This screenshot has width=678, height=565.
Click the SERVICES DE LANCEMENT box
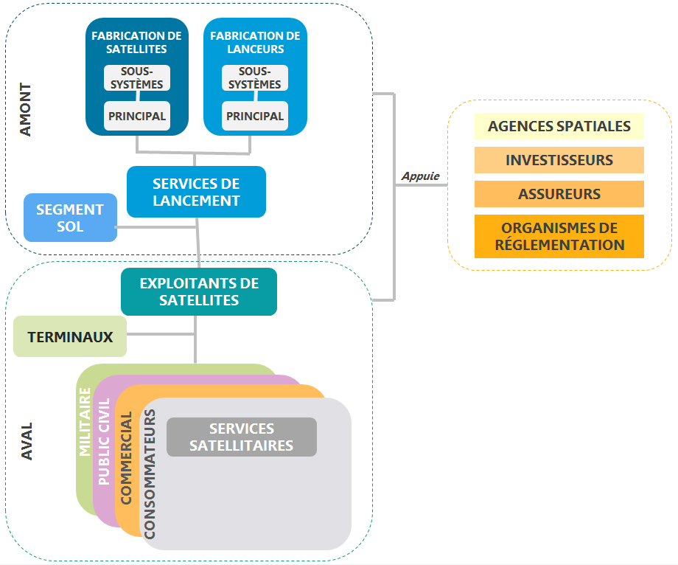tap(196, 192)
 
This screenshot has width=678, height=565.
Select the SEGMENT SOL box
tap(70, 218)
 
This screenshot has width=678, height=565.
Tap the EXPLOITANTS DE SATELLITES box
tap(199, 291)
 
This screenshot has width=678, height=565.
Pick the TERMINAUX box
tap(70, 337)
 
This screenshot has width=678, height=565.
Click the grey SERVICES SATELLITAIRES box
tap(242, 437)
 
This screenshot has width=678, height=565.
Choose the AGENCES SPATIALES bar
tap(559, 126)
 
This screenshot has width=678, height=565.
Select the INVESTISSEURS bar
tap(559, 160)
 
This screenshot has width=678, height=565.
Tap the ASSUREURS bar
tap(559, 194)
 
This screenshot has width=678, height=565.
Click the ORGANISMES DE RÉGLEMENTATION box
tap(559, 236)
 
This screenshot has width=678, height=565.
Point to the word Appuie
tap(420, 176)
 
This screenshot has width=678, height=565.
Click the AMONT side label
tap(26, 109)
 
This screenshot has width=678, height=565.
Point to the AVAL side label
tap(27, 442)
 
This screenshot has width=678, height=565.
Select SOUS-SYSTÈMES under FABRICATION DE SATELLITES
tap(136, 77)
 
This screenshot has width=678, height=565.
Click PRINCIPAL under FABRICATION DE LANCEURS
tap(254, 116)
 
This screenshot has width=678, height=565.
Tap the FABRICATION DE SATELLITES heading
tap(136, 42)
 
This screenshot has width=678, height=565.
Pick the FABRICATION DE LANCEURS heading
tap(255, 42)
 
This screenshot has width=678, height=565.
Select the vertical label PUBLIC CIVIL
tap(104, 441)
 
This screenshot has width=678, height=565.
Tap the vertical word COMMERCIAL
tap(126, 457)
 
